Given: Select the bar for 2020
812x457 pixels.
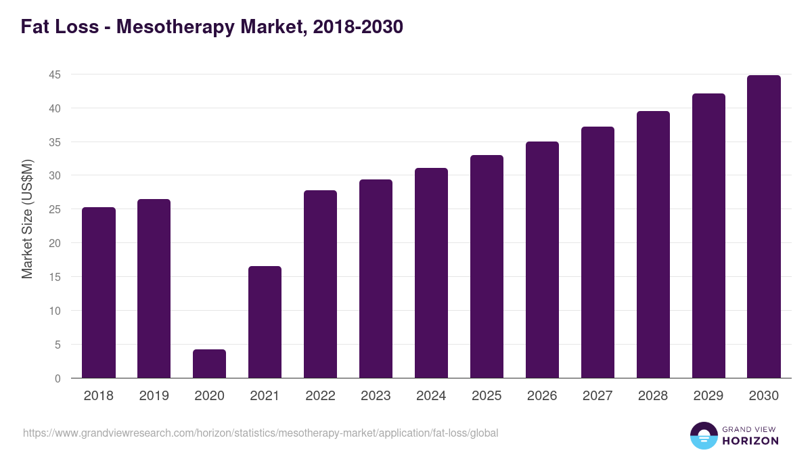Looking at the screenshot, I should click(x=209, y=364).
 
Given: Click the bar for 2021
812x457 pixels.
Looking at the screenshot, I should click(x=265, y=322).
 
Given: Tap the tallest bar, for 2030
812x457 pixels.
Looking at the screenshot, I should click(x=764, y=227).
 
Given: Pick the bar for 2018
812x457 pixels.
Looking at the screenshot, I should click(x=99, y=292).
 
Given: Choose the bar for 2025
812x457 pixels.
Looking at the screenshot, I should click(x=487, y=267).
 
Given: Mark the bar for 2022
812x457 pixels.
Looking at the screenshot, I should click(x=320, y=284).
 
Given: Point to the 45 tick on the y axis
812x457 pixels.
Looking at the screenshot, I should click(x=55, y=74).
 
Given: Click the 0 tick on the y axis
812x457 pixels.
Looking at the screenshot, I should click(x=58, y=378).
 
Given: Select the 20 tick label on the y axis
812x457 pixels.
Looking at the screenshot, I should click(x=55, y=243).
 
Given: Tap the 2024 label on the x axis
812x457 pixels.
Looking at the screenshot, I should click(x=431, y=396).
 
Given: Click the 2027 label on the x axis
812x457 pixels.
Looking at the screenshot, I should click(x=597, y=396).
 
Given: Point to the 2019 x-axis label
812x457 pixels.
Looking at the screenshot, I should click(x=154, y=396).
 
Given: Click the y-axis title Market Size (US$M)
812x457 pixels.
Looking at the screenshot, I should click(x=27, y=219).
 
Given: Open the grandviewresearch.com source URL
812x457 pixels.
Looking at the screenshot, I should click(x=261, y=433).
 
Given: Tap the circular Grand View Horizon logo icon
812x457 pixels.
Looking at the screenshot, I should click(x=703, y=435).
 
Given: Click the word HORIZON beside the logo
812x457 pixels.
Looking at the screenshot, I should click(x=750, y=441).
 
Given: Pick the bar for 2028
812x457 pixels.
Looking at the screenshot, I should click(x=653, y=244).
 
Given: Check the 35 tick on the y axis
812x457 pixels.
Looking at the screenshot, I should click(x=55, y=142).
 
